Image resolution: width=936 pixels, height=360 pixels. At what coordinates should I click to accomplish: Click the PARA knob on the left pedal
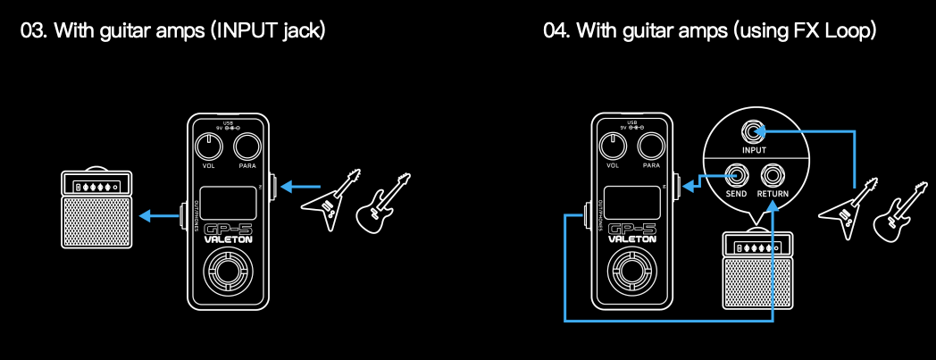point(247,146)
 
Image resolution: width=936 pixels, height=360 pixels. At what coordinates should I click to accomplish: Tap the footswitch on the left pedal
point(229,272)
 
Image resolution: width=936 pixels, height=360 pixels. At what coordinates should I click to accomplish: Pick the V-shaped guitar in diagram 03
point(331,200)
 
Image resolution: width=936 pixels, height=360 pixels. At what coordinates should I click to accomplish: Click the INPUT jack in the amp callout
point(755,134)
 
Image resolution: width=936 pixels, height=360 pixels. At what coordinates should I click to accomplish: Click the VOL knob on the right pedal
point(613,146)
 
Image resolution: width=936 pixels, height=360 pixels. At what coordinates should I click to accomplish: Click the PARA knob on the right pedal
point(652,146)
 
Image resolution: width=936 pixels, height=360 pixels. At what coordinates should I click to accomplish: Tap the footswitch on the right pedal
point(632,272)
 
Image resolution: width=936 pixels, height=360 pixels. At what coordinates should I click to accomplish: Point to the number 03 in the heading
point(33,30)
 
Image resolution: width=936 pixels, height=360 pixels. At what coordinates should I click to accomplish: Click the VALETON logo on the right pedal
point(632,239)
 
